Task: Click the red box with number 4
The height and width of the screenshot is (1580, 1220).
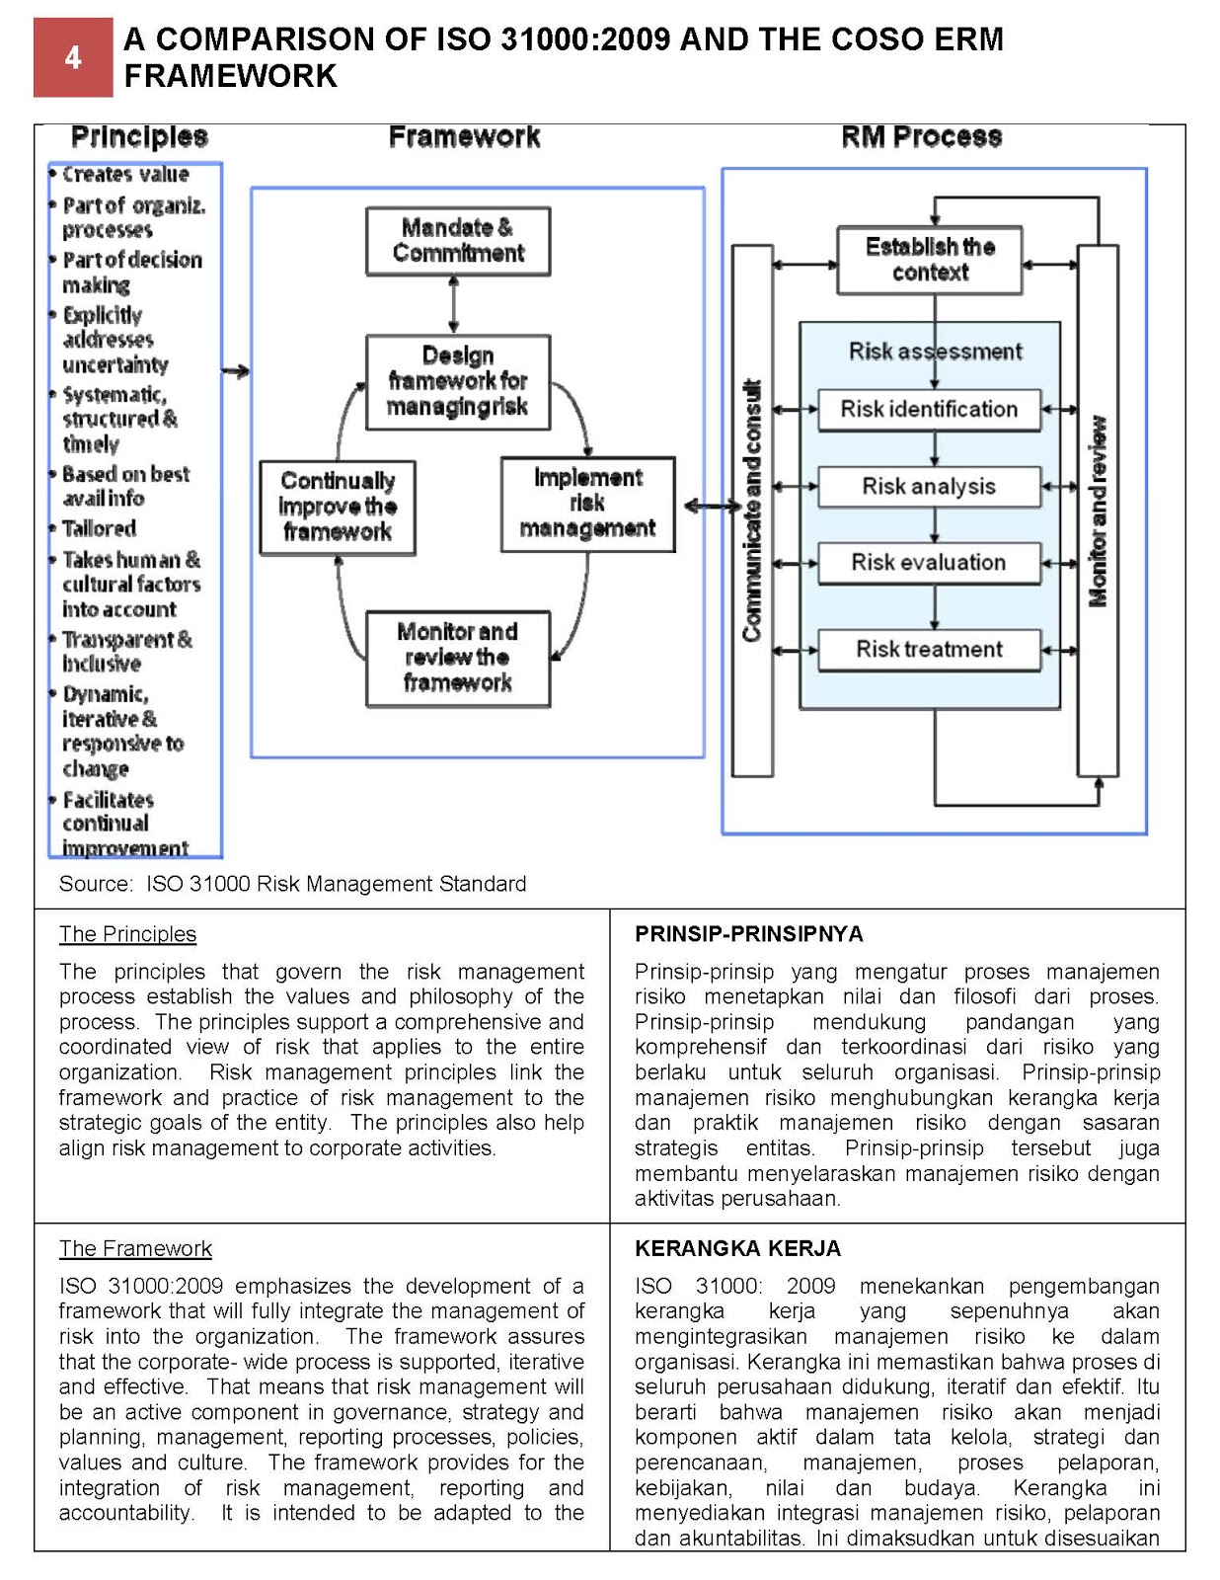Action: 73,57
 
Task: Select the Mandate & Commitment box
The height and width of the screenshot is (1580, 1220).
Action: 457,241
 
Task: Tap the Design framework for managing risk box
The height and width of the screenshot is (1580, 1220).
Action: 457,381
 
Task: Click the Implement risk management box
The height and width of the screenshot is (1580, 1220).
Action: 587,504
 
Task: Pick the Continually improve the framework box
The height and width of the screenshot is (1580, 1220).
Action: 337,507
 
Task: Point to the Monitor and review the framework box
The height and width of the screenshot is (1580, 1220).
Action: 457,658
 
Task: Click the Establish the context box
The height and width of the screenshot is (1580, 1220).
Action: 929,260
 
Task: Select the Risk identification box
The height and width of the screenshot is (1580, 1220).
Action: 929,410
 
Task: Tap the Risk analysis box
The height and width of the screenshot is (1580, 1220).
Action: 929,487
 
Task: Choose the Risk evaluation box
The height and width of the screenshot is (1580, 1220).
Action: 929,563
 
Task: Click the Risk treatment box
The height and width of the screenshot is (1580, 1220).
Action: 929,650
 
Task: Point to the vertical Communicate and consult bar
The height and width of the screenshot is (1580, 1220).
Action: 752,510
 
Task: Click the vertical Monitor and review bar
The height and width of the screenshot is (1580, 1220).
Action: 1097,510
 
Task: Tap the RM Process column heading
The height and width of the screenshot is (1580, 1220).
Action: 921,137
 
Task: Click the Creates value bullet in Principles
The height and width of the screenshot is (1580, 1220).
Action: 124,175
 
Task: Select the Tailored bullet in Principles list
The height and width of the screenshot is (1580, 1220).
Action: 99,528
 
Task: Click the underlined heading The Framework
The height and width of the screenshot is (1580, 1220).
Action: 135,1248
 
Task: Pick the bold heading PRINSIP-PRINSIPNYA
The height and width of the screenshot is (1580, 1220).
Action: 748,934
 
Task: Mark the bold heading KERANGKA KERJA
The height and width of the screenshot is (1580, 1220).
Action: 737,1248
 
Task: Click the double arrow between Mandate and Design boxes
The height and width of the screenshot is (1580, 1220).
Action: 453,305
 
